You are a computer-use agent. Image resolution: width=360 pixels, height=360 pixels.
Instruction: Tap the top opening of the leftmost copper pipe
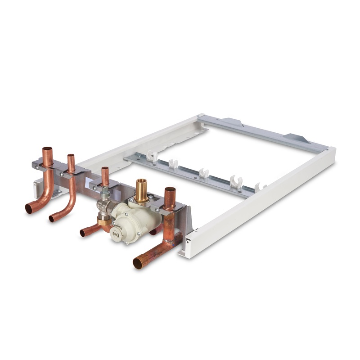pyautogui.click(x=47, y=150)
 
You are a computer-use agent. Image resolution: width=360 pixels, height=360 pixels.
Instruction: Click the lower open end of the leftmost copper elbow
pyautogui.click(x=30, y=208)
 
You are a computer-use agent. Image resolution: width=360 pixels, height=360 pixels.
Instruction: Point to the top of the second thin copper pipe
pyautogui.click(x=71, y=157)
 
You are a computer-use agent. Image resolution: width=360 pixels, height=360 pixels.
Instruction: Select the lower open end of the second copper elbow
pyautogui.click(x=53, y=218)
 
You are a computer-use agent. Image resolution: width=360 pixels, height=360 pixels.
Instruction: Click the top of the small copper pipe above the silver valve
pyautogui.click(x=105, y=170)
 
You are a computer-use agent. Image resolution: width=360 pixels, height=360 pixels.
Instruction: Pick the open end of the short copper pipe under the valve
pyautogui.click(x=84, y=233)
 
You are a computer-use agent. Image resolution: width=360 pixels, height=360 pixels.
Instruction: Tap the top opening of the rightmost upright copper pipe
pyautogui.click(x=170, y=190)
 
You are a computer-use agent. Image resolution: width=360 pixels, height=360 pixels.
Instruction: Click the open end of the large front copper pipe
pyautogui.click(x=138, y=263)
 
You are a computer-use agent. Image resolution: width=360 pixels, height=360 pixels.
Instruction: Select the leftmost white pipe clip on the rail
pyautogui.click(x=153, y=156)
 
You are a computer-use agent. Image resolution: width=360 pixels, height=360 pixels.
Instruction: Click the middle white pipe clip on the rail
pyautogui.click(x=203, y=173)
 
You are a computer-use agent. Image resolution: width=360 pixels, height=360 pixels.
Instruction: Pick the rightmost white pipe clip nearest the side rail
pyautogui.click(x=258, y=187)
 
